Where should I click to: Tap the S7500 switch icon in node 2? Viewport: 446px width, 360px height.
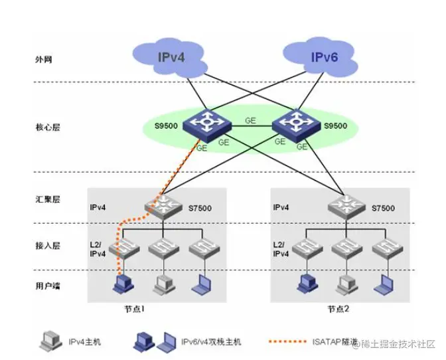point(346,207)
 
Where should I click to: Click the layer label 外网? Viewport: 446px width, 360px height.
point(43,59)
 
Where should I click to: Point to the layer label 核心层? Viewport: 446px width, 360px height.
point(47,126)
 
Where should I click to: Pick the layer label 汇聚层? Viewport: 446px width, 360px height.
point(47,199)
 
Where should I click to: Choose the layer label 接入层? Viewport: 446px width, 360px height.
point(47,245)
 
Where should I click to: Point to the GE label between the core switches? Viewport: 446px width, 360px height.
point(250,120)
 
